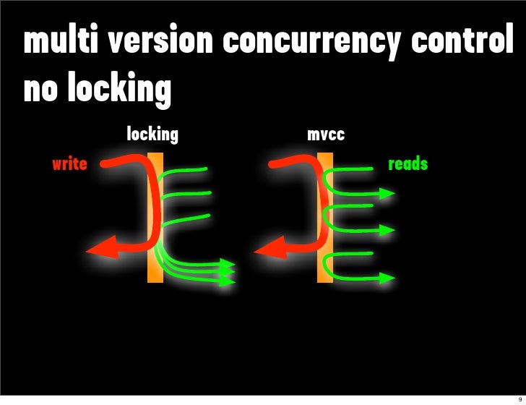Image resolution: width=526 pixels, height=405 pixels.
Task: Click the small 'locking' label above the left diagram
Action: pyautogui.click(x=152, y=134)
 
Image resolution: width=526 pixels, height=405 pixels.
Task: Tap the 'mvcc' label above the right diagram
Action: pyautogui.click(x=326, y=135)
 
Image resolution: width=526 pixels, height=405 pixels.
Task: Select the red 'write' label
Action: pyautogui.click(x=69, y=164)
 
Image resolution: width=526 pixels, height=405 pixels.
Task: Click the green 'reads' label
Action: pyautogui.click(x=408, y=164)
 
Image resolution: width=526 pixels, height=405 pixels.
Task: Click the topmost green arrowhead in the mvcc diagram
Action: pyautogui.click(x=387, y=193)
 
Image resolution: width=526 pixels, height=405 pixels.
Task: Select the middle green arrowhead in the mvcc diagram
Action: pyautogui.click(x=387, y=230)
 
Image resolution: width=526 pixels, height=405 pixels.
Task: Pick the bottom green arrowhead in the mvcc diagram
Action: pyautogui.click(x=387, y=278)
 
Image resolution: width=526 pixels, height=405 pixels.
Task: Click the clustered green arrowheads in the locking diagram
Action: pyautogui.click(x=228, y=271)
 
